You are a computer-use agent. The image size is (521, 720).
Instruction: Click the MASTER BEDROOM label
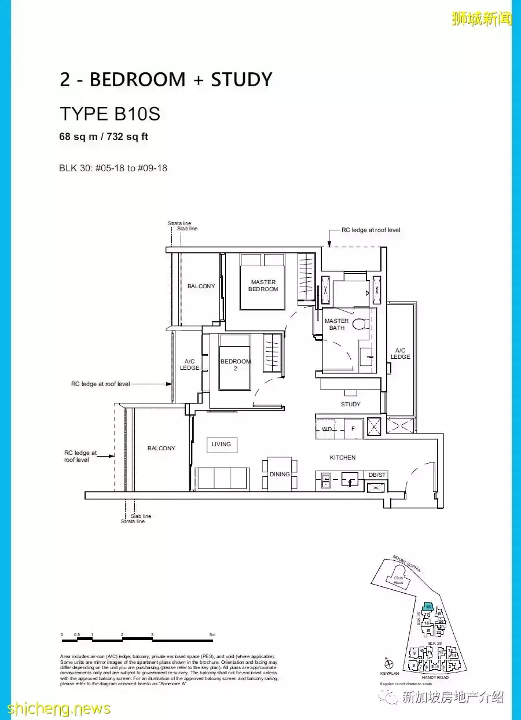pos(263,286)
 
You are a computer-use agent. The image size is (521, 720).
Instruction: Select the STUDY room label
pos(350,404)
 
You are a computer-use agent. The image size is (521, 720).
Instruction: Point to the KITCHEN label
pos(343,457)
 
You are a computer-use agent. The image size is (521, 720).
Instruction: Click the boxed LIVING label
pos(221,445)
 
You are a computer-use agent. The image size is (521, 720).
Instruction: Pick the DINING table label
pos(280,475)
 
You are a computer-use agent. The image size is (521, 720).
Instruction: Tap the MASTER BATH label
pos(336,324)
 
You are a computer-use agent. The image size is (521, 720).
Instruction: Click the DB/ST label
pos(377,475)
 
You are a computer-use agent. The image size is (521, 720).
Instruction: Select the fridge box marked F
pos(353,429)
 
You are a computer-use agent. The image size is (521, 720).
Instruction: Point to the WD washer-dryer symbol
pos(327,429)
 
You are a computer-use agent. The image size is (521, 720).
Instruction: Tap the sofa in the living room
pos(222,478)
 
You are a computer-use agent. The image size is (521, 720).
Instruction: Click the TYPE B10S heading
pos(110,114)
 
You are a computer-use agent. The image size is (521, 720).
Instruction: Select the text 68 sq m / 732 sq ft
pos(104,137)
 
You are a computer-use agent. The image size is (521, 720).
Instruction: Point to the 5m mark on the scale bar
pos(212,635)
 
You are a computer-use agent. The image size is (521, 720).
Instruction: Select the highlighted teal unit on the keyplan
pos(428,606)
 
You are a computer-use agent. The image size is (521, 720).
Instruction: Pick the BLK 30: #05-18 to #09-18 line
pos(113,168)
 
